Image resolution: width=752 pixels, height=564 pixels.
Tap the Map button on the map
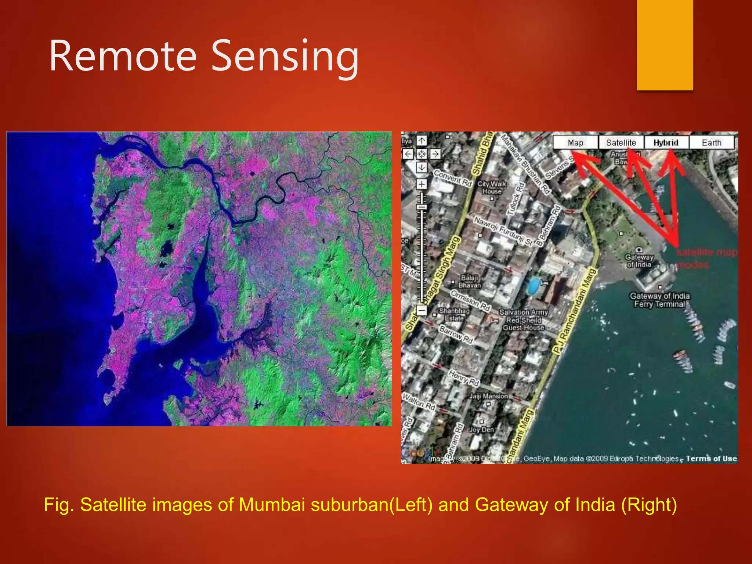pos(575,142)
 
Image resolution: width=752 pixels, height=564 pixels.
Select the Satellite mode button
pos(621,142)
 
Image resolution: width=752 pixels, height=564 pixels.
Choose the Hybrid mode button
pos(666,142)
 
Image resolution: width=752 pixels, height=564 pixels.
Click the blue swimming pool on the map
pos(533,286)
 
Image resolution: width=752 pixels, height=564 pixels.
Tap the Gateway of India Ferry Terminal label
pos(659,300)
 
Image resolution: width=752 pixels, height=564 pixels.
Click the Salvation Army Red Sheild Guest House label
pos(523,320)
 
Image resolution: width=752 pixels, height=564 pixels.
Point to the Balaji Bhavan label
pos(469,281)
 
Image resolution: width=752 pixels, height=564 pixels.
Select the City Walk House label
pos(492,187)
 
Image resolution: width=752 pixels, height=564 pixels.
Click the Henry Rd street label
pos(464,378)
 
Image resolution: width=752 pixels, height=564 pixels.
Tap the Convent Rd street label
pos(452,178)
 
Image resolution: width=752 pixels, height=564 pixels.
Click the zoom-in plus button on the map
pos(422,184)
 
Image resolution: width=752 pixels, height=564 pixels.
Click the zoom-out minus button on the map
pos(422,310)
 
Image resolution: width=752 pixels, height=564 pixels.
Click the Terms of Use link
pos(711,458)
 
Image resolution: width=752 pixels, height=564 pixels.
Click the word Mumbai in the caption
pos(272,505)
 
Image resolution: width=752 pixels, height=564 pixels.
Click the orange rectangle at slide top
pos(665,44)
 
